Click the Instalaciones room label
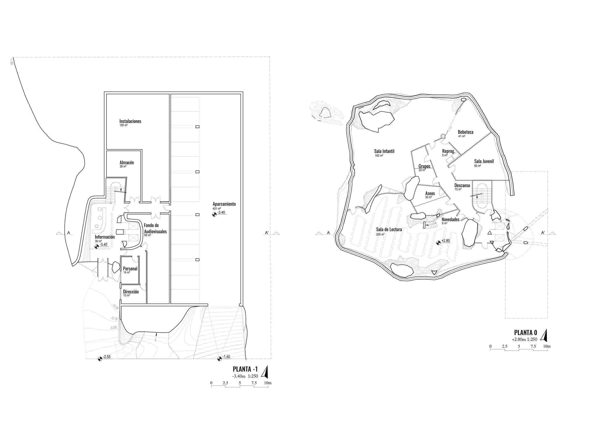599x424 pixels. [x=130, y=121]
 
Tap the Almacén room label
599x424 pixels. [x=127, y=163]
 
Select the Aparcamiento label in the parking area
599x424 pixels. [x=224, y=204]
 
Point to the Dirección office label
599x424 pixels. [x=131, y=292]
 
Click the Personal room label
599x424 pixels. [x=130, y=269]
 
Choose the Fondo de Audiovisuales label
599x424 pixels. [x=155, y=228]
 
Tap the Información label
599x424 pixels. [x=105, y=237]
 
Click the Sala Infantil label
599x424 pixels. [x=384, y=151]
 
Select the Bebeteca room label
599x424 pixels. [x=465, y=132]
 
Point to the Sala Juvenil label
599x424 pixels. [x=484, y=161]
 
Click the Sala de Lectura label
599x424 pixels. [x=389, y=229]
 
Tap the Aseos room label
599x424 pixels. [x=430, y=193]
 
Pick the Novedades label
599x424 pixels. [x=450, y=219]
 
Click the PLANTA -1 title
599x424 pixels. [x=245, y=369]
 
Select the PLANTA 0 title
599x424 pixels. [x=525, y=333]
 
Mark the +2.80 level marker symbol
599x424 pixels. [x=438, y=243]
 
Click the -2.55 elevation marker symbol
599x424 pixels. [x=100, y=359]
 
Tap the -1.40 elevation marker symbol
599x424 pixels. [x=219, y=359]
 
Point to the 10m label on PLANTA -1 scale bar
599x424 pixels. [x=268, y=383]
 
